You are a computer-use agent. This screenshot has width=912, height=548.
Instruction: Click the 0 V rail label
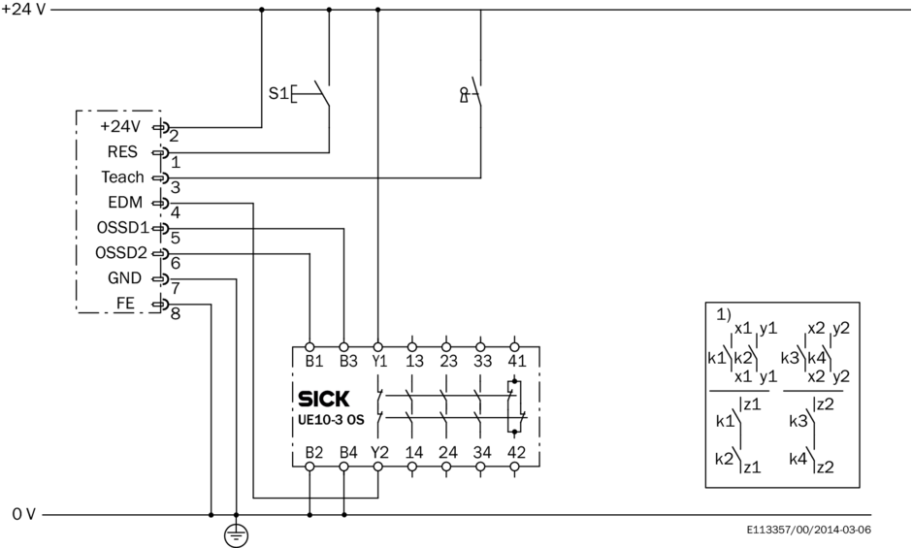pyautogui.click(x=24, y=514)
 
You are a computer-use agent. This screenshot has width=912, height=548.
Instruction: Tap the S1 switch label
pyautogui.click(x=278, y=94)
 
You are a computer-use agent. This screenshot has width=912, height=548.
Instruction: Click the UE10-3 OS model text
pyautogui.click(x=333, y=419)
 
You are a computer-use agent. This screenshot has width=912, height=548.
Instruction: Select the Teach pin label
pyautogui.click(x=122, y=177)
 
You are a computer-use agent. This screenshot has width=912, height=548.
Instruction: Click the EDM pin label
pyautogui.click(x=127, y=203)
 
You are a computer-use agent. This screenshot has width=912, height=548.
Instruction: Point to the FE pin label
pyautogui.click(x=126, y=303)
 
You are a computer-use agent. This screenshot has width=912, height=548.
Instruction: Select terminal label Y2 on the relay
pyautogui.click(x=379, y=451)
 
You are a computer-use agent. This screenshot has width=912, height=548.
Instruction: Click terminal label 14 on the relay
pyautogui.click(x=414, y=451)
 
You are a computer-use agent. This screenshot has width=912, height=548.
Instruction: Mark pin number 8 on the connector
pyautogui.click(x=175, y=313)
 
